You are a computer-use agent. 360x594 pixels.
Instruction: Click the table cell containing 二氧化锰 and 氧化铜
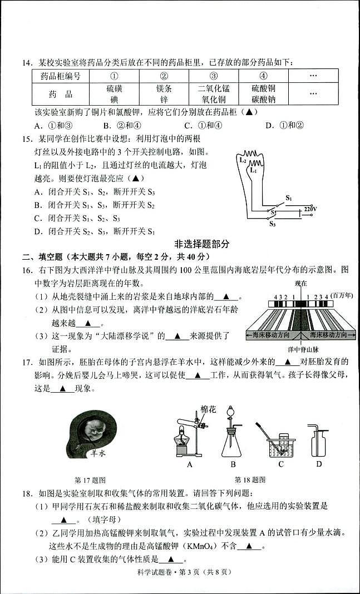214,94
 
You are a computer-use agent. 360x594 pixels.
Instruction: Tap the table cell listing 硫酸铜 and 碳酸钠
263,94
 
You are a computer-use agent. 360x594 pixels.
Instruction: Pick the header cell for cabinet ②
164,76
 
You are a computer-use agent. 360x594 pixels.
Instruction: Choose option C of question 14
204,125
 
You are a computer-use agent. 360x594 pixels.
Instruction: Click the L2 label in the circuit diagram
243,160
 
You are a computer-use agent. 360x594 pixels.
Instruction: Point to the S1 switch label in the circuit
289,198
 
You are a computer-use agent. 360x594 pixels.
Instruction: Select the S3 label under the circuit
272,225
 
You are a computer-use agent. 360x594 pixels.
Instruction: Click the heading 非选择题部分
201,244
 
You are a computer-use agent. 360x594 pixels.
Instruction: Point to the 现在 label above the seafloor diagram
301,284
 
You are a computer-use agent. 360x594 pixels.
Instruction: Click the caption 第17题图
90,479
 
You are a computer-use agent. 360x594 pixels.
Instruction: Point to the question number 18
27,493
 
